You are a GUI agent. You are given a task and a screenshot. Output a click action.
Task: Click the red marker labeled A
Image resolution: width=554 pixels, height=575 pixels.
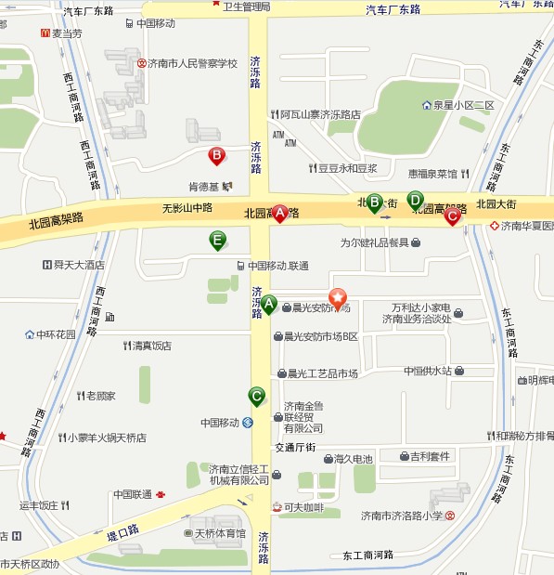[278, 213]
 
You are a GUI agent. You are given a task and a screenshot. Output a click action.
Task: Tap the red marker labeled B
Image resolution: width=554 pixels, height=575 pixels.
[216, 156]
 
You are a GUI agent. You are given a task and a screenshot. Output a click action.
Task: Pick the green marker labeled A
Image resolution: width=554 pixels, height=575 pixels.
[269, 304]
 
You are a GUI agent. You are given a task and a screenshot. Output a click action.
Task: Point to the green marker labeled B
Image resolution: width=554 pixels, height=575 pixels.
[375, 203]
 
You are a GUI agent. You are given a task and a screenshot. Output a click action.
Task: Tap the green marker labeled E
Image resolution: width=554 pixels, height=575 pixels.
[217, 241]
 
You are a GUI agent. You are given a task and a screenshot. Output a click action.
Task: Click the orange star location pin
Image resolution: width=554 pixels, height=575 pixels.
[339, 297]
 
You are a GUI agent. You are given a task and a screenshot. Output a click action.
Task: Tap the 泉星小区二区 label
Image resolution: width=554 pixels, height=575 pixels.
[462, 105]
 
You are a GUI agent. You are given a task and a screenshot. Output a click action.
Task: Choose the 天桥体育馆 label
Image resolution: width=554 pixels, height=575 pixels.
[219, 534]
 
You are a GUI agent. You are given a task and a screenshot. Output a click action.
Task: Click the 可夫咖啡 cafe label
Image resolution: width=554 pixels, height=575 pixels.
[303, 507]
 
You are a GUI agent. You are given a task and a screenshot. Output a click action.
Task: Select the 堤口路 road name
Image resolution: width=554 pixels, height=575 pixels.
[122, 531]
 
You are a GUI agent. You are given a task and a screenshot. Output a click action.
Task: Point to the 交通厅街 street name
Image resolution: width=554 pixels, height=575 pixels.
[295, 448]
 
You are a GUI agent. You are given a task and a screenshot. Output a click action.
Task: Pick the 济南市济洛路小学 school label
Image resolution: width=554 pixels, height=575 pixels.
[402, 516]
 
